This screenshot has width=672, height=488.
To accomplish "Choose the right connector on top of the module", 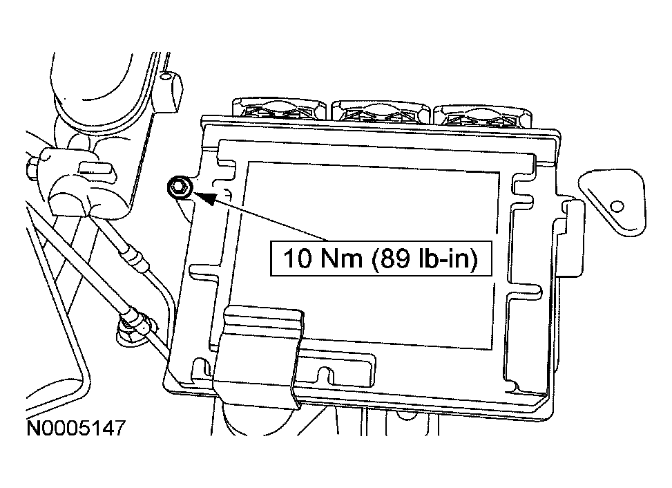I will click(x=483, y=112).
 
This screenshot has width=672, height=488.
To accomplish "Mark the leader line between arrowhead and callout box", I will click(x=242, y=221).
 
